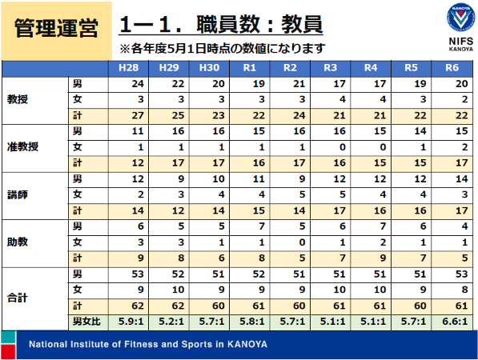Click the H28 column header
pos(128,68)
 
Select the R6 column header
pos(452,68)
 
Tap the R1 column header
pos(249,68)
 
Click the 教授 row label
pos(18,99)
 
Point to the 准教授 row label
pos(22,147)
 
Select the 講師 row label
pos(18,194)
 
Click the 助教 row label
pos(18,242)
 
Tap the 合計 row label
pos(18,298)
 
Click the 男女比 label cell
pos(86,322)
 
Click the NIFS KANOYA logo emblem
pos(460,17)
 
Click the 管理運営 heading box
pos(56,30)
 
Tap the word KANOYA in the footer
pos(247,345)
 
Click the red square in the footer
pos(8,352)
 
